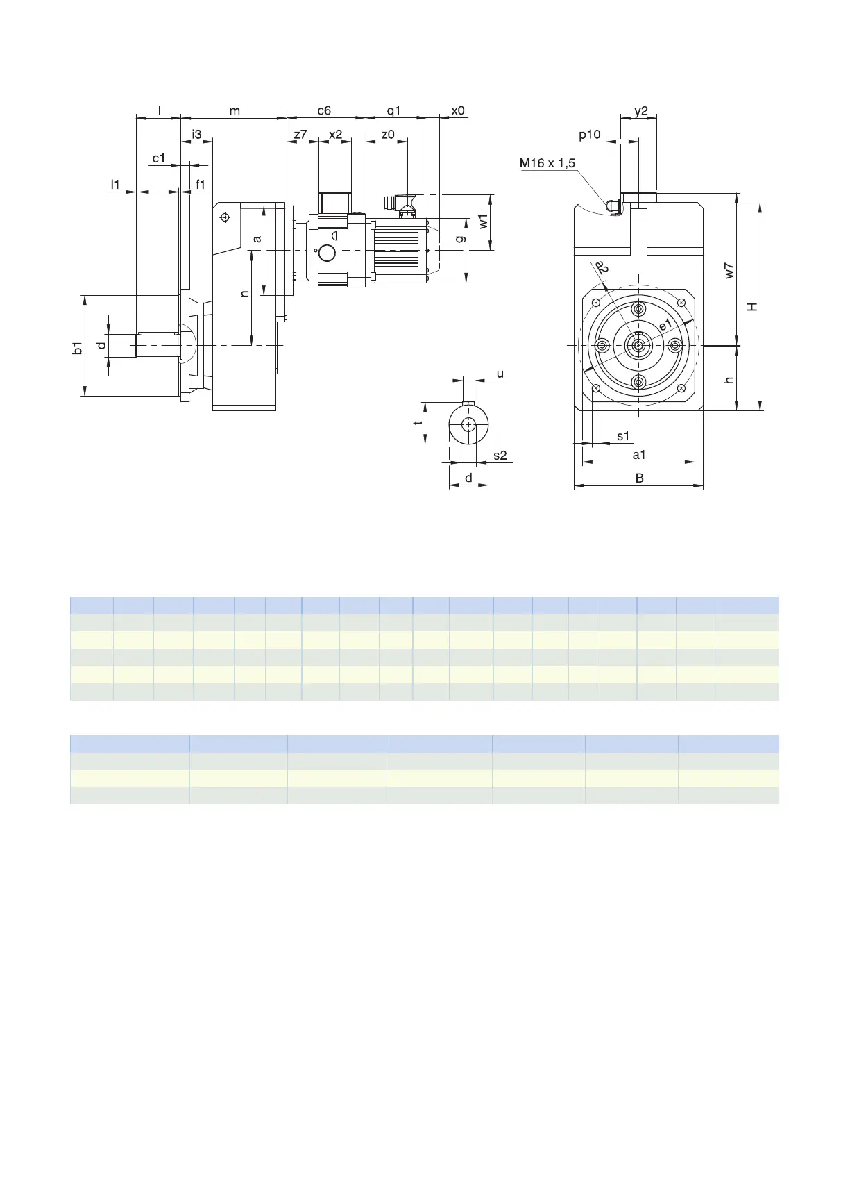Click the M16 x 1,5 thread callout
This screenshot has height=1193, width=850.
(x=547, y=163)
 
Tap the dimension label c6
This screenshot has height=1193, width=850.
(x=324, y=110)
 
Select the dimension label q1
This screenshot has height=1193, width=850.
(x=394, y=111)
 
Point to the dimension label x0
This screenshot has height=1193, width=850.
(x=458, y=110)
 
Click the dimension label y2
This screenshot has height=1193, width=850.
(x=641, y=111)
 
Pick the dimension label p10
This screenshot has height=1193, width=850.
(x=590, y=135)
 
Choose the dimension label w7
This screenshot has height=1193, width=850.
(x=729, y=271)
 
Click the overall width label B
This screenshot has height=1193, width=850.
(x=640, y=478)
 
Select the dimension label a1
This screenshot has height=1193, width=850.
(x=639, y=455)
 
